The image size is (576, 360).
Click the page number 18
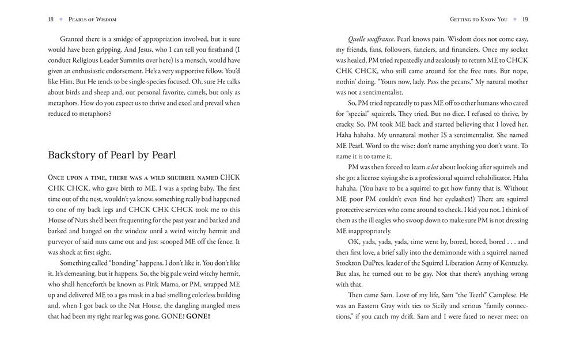[x=51, y=19]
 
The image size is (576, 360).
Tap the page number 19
[x=525, y=19]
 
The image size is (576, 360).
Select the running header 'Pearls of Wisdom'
[x=92, y=19]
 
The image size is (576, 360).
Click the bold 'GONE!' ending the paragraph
[x=196, y=316]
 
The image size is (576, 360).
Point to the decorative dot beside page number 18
[x=60, y=19]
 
